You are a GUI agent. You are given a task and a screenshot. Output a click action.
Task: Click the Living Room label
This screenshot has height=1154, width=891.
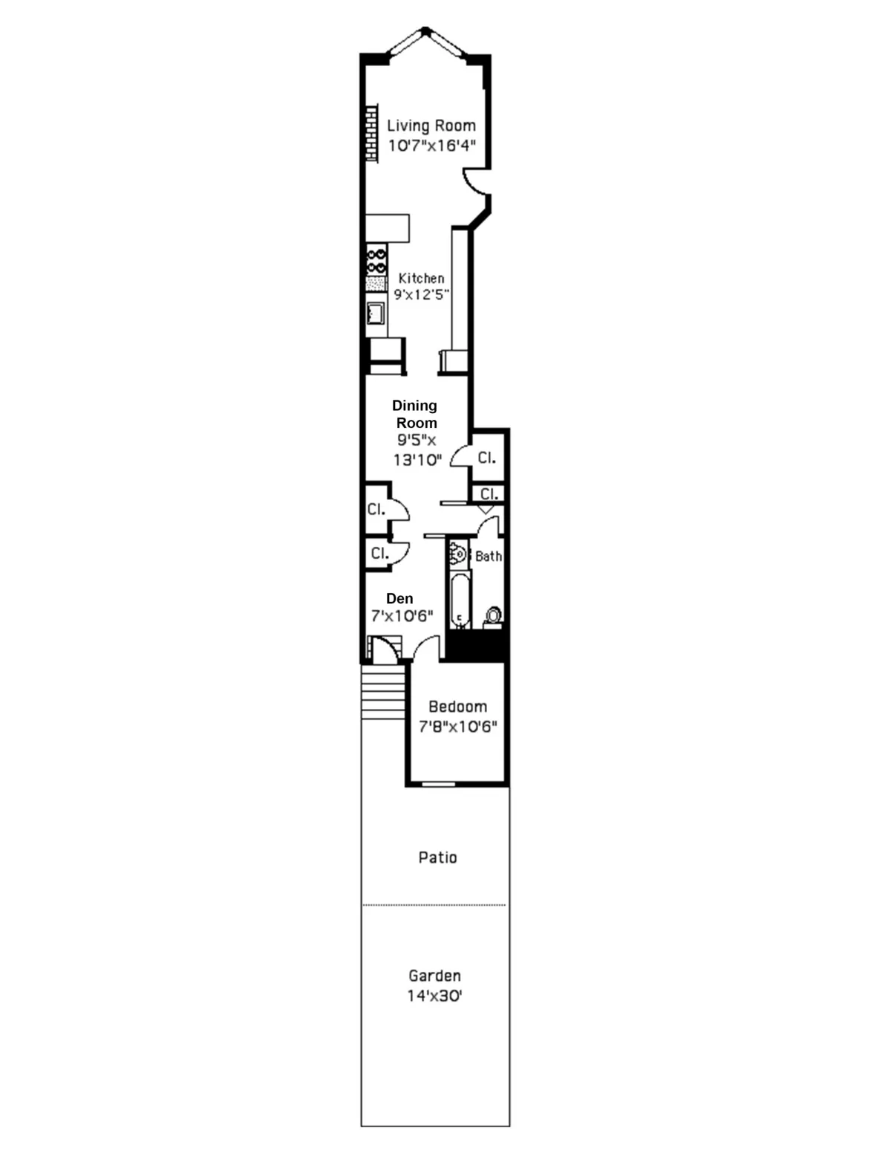[x=431, y=126]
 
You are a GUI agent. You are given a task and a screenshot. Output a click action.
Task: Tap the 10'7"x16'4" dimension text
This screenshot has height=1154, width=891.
[x=431, y=146]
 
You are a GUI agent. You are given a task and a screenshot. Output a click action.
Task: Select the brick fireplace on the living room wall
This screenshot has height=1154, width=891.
[x=371, y=132]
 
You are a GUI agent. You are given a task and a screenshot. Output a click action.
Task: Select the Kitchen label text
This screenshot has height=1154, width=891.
[x=421, y=278]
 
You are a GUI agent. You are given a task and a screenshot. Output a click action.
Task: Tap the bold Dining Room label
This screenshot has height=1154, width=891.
[x=415, y=414]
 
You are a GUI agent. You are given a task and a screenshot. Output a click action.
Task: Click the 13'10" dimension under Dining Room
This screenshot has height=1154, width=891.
[x=417, y=460]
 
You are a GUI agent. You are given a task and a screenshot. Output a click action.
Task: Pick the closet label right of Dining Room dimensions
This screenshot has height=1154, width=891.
[x=486, y=458]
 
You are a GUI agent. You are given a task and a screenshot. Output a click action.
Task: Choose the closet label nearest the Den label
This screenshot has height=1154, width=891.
[x=379, y=553]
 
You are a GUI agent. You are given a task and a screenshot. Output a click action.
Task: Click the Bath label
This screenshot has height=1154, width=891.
[x=488, y=556]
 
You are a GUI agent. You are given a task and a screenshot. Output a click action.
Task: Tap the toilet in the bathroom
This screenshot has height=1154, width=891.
[x=492, y=615]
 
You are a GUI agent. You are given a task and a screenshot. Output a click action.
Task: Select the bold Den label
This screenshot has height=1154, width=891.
[x=399, y=598]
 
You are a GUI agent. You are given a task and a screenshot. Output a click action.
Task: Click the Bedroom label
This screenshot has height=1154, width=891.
[x=457, y=707]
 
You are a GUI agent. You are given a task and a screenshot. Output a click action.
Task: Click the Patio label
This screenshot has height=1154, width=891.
[x=437, y=858]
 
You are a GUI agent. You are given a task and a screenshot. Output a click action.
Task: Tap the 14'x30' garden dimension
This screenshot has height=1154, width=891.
[x=434, y=996]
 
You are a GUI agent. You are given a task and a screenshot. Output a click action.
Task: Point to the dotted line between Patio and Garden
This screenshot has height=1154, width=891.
[x=434, y=905]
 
